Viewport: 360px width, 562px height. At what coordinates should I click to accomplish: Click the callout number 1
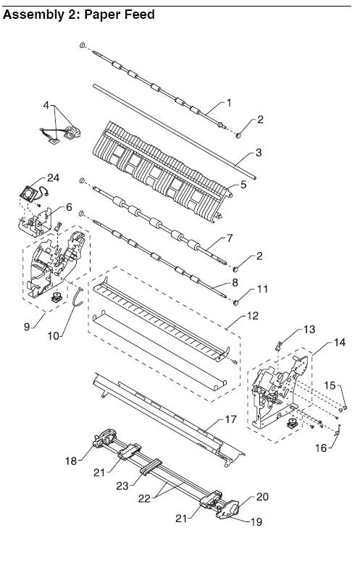click(x=229, y=104)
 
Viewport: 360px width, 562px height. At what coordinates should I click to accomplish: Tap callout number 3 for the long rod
click(x=259, y=153)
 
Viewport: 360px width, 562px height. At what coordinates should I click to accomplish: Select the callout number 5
click(x=243, y=185)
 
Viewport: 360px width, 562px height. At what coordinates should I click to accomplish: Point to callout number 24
click(x=54, y=177)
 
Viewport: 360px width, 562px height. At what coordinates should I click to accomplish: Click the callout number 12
click(x=253, y=316)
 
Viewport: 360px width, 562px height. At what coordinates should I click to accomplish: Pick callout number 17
click(x=231, y=419)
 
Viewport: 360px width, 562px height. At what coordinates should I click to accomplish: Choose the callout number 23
click(x=122, y=486)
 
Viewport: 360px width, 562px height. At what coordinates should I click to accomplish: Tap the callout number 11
click(x=262, y=289)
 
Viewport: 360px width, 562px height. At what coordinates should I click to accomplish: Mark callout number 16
click(x=322, y=448)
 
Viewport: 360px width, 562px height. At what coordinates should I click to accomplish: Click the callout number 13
click(x=309, y=329)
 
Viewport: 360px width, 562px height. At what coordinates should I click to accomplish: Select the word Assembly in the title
click(x=28, y=14)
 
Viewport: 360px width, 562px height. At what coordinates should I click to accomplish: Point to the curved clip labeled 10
click(x=77, y=297)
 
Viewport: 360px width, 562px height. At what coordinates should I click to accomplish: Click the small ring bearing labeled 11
click(x=235, y=303)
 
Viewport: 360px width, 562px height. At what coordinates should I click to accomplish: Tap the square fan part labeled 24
click(x=28, y=193)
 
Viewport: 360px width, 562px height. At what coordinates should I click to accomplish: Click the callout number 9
click(x=27, y=327)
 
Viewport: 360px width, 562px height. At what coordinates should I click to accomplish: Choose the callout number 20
click(x=262, y=497)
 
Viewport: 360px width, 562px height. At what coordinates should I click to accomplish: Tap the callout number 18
click(x=71, y=461)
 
